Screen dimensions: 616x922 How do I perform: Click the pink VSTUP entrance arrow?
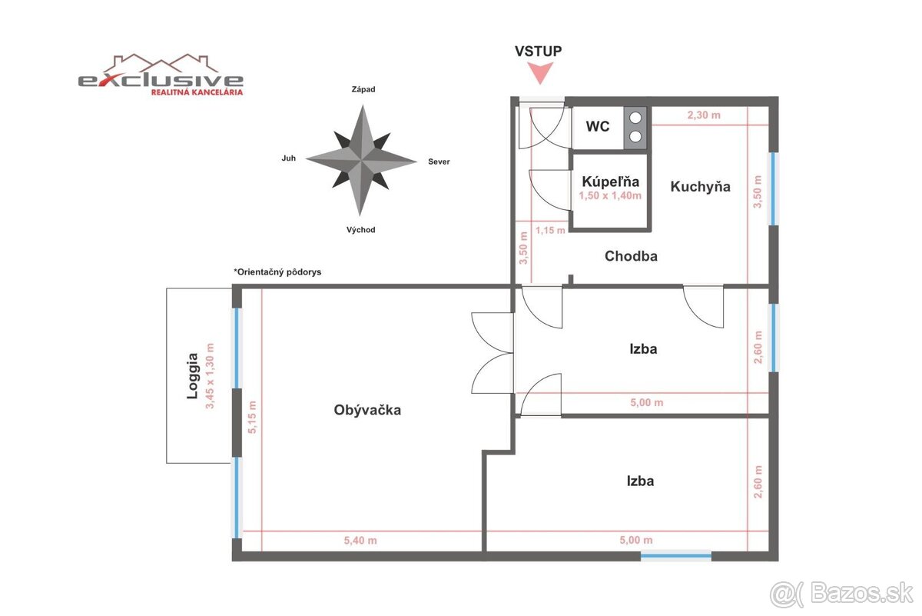point(542,73)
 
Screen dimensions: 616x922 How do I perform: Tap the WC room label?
point(598,126)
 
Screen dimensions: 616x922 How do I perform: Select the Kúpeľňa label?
point(610,182)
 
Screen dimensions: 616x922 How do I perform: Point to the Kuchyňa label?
point(700,186)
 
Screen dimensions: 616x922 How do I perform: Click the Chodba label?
point(631,256)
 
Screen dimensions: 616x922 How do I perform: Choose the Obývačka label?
point(367,410)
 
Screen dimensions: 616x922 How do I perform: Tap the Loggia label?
point(192,377)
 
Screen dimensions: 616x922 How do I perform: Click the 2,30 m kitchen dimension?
point(703,115)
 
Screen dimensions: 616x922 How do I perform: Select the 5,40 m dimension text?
point(360,541)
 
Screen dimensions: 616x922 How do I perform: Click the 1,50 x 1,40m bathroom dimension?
point(610,196)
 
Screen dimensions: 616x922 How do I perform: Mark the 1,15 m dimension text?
point(550,230)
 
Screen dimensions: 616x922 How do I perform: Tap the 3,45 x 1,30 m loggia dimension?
point(209,376)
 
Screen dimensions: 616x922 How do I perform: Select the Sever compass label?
point(439,161)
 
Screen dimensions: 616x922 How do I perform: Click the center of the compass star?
point(360,160)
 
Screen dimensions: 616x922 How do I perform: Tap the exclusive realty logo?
point(161,75)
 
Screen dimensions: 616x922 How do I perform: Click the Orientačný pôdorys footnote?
point(277,272)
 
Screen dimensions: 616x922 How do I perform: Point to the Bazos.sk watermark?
point(842,594)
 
